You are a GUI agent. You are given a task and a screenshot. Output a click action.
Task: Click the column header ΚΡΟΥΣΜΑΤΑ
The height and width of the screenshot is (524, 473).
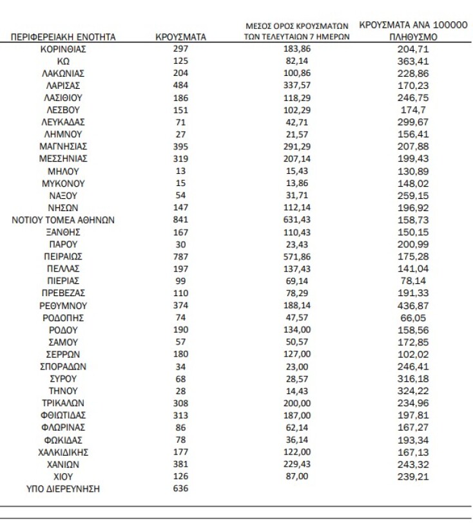[x=180, y=37]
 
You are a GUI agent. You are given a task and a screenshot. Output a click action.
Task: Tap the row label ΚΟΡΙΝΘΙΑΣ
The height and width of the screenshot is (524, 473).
[x=63, y=49]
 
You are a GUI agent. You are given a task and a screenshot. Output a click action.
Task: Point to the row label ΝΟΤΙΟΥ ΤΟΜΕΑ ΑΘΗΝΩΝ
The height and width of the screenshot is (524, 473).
[x=63, y=220]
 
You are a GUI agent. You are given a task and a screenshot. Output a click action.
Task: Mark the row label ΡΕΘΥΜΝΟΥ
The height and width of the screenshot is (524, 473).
[x=63, y=305]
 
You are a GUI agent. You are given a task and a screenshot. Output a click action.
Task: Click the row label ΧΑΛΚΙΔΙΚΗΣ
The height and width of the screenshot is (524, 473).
[x=63, y=451]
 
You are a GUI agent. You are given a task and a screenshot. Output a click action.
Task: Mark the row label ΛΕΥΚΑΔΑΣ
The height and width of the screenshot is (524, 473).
[x=63, y=122]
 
